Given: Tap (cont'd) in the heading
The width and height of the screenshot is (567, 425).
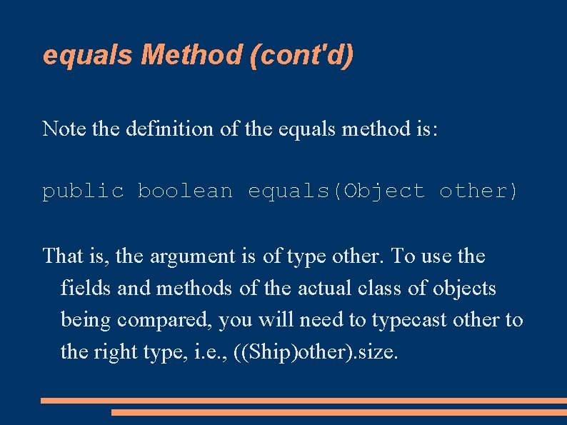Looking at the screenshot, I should (302, 55).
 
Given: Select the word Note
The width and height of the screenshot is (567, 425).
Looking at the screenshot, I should (59, 129).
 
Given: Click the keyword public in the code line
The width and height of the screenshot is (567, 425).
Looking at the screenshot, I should (83, 191).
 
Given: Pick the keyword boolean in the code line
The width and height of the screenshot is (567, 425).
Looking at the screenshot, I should (185, 191).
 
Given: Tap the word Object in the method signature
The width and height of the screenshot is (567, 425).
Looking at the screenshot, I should (384, 191).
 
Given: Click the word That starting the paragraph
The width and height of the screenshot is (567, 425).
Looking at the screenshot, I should (61, 256).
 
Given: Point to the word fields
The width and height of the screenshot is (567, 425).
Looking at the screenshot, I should (83, 288).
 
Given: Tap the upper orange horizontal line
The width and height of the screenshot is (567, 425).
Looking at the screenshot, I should (303, 401).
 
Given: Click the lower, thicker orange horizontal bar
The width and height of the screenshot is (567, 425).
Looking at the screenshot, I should (338, 412).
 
